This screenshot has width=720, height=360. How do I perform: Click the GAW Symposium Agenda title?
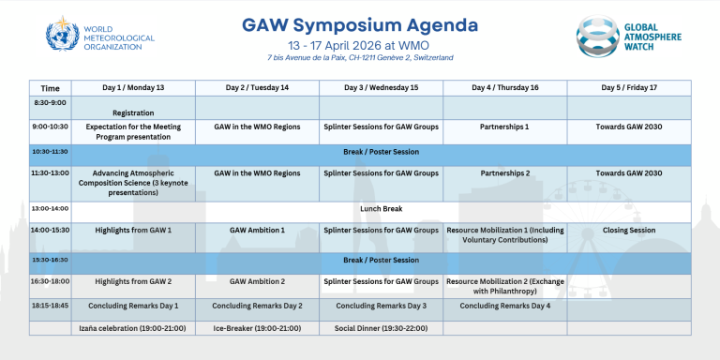[360, 23]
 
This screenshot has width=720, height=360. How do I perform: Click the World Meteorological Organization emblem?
[62, 34]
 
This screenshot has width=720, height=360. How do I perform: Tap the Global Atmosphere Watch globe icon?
[597, 34]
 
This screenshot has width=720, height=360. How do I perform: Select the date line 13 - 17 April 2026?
[360, 44]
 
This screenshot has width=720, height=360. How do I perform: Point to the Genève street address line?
[360, 58]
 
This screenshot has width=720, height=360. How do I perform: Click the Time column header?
[50, 87]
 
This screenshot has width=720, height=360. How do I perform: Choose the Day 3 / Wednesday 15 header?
[381, 87]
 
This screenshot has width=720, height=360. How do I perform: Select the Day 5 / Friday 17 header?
[629, 87]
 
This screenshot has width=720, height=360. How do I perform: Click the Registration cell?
[133, 112]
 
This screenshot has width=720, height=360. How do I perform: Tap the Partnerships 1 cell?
[504, 126]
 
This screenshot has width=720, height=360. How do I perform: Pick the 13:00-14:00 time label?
[50, 209]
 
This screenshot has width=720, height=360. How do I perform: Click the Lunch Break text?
[381, 209]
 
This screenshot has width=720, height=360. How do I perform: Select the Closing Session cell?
[629, 229]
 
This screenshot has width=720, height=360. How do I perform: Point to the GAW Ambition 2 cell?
[257, 280]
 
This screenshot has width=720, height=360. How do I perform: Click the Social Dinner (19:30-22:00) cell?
[381, 329]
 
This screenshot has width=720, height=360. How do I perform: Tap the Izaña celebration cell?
[133, 329]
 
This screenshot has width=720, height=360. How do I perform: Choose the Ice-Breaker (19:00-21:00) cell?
[257, 329]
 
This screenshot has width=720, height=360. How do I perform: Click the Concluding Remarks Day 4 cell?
[504, 306]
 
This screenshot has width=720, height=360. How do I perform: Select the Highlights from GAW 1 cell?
[133, 229]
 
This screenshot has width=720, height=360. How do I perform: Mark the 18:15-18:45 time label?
[50, 306]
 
